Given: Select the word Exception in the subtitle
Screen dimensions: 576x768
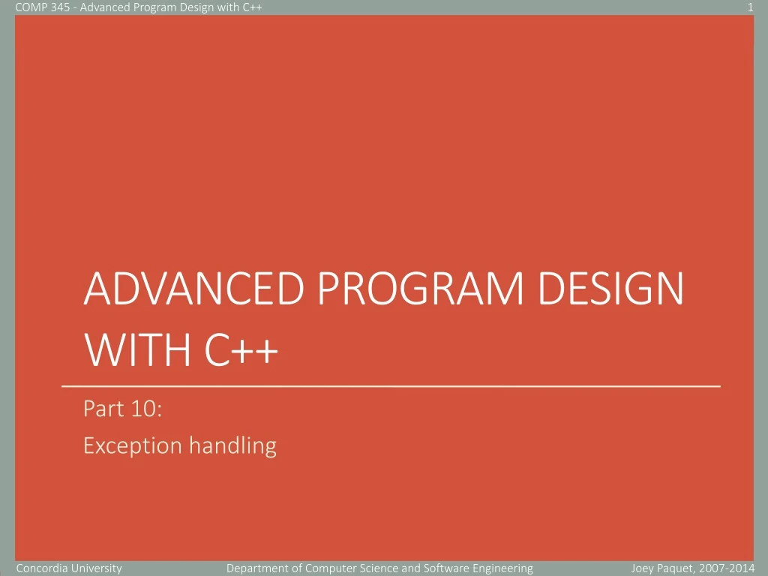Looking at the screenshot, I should [132, 446].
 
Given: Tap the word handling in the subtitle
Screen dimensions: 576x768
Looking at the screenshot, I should [232, 446].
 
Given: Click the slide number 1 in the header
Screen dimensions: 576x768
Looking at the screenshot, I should [750, 7].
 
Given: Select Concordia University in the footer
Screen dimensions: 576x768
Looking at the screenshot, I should [69, 568].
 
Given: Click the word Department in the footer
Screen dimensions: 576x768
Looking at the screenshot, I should [256, 568].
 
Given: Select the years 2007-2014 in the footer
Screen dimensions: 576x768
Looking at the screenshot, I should [730, 568].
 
